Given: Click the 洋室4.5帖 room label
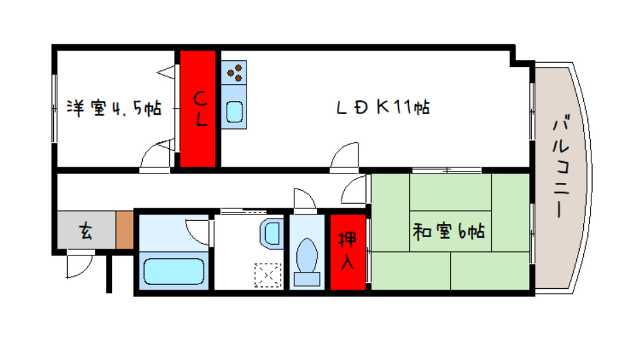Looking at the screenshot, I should [113, 107].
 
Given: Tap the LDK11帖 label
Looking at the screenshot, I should [382, 107].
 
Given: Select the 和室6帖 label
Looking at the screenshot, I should [448, 232].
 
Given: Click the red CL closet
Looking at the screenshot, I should [198, 108].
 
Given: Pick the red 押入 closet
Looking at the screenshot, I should [348, 251].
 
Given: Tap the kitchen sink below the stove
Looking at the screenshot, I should [234, 109].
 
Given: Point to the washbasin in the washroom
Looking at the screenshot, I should [271, 233].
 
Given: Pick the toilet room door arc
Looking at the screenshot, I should [304, 199].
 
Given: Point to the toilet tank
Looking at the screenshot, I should [307, 278].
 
